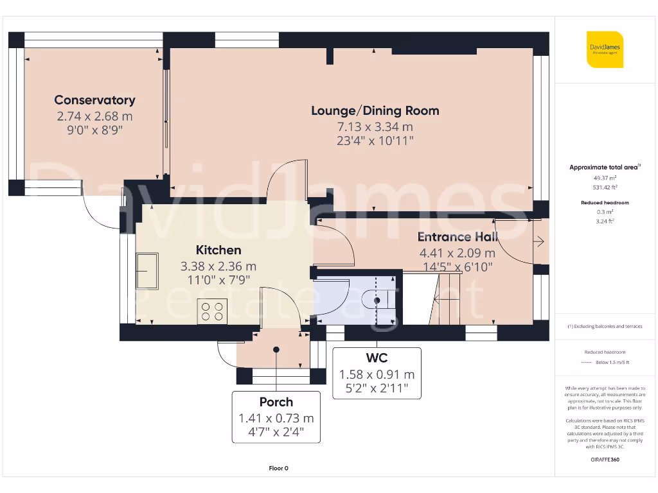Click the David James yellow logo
click(605, 49)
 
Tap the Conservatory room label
click(94, 100)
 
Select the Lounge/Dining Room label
click(375, 110)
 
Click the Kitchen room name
click(218, 250)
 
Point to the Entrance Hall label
click(457, 237)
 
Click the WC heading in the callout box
click(377, 358)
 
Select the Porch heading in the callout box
click(276, 402)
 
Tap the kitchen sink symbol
click(147, 272)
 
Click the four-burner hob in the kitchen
click(212, 311)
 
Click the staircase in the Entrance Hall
click(447, 298)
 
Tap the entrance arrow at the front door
click(539, 242)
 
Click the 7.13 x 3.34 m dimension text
click(375, 126)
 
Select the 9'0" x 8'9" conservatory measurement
click(94, 130)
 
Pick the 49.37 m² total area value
click(604, 178)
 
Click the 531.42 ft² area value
click(604, 187)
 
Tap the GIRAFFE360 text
click(604, 460)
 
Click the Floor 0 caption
click(278, 468)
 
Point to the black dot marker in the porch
click(276, 350)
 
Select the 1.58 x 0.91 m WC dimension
click(377, 374)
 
